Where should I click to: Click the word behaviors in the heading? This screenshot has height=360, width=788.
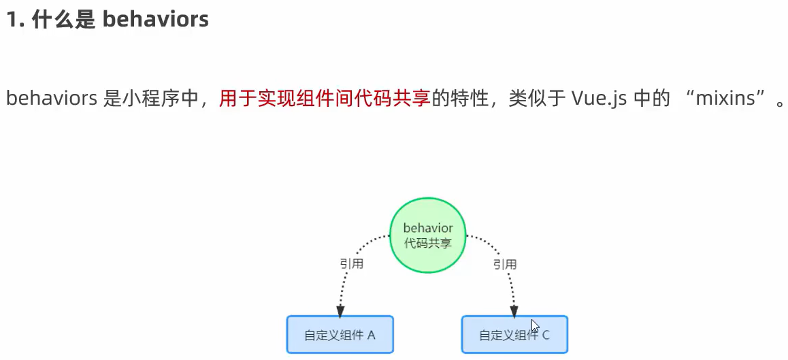[155, 19]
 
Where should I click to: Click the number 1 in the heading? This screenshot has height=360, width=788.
[12, 20]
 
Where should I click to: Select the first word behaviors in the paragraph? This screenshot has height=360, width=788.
[51, 99]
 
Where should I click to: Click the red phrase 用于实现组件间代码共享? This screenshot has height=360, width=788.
[325, 99]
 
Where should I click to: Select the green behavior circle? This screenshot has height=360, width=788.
[427, 235]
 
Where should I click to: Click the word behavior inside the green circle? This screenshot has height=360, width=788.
[427, 228]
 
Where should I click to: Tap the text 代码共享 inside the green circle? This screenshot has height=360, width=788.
[427, 243]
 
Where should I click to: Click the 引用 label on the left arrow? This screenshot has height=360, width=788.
[351, 264]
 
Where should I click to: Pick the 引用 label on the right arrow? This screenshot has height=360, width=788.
[505, 264]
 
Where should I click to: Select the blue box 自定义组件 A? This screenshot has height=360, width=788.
[340, 334]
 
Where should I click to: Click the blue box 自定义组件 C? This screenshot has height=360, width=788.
[514, 334]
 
